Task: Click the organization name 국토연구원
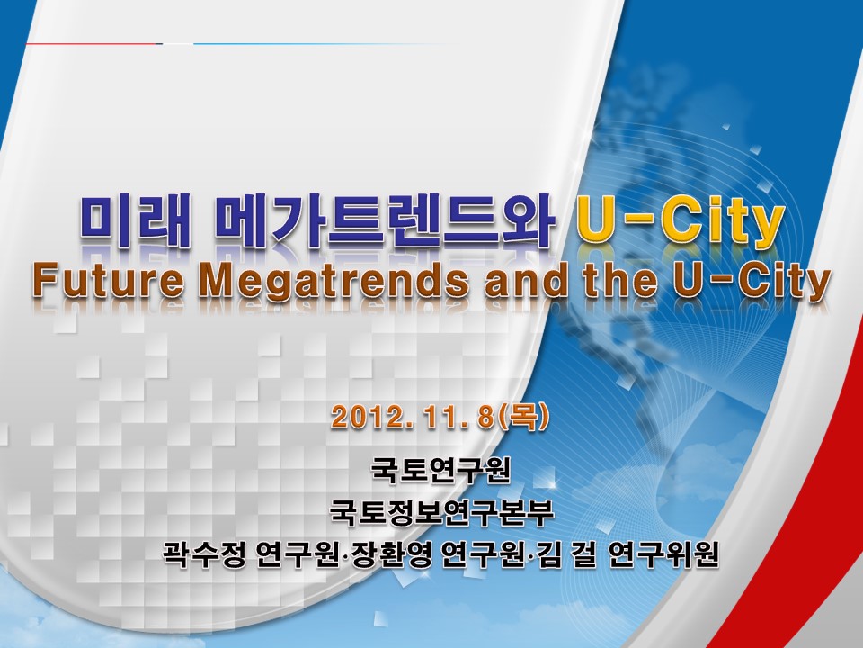point(441,470)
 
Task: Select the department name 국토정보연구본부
point(441,512)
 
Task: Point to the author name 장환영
point(391,553)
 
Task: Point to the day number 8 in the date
point(485,418)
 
